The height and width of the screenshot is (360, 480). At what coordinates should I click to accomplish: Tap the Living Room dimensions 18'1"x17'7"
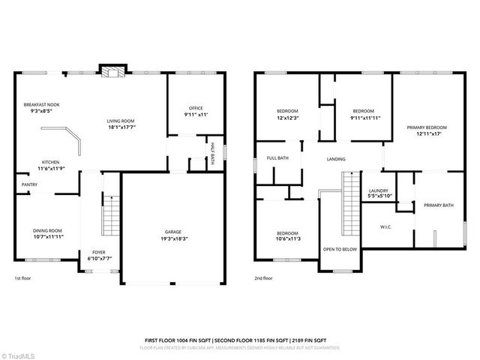coord(120,127)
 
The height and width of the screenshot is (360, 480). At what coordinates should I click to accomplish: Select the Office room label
coord(196,108)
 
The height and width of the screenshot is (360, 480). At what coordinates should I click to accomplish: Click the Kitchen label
coord(50,161)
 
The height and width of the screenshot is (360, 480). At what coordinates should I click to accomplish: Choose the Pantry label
coord(29,184)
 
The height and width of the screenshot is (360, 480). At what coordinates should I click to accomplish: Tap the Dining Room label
coord(47,230)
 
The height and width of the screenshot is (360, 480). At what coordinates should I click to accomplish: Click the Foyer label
coord(98,252)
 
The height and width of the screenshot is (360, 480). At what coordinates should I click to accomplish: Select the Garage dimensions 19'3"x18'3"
coord(173,238)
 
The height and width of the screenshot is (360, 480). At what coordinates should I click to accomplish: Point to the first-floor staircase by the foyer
coord(111,216)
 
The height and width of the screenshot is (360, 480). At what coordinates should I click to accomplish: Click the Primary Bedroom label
coord(427,127)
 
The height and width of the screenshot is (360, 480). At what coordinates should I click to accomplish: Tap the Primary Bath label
coord(438,205)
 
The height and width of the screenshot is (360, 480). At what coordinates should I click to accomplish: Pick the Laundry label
coord(378,190)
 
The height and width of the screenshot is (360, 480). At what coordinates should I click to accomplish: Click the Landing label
coord(336,159)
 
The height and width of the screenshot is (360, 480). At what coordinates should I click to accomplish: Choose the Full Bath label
coord(277,158)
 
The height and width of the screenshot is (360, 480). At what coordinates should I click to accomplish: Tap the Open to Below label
coord(340,249)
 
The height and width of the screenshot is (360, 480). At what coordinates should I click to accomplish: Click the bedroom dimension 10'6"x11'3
coord(288,239)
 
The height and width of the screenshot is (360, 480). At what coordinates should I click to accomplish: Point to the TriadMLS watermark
coord(21,353)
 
